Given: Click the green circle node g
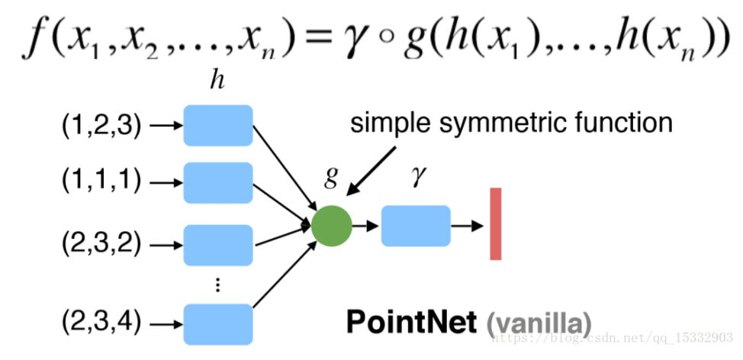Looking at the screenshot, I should coord(332,227).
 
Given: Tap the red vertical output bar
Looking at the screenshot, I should coord(496,223).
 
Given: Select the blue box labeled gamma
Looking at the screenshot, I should coord(415,226).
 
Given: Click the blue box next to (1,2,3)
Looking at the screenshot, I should coord(218,126).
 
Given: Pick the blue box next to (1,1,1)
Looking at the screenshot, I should coord(218,183).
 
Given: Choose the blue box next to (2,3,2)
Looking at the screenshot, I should coord(218,246).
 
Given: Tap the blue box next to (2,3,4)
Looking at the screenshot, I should coord(218,323).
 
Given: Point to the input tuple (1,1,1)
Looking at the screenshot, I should coord(101,183).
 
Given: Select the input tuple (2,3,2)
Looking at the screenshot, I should coord(101,246).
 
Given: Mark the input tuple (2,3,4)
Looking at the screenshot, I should coord(101,323).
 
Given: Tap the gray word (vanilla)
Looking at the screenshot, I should coord(538,323).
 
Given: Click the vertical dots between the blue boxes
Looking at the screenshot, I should coord(218,284).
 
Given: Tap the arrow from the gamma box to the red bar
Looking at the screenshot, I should coord(467,226).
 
